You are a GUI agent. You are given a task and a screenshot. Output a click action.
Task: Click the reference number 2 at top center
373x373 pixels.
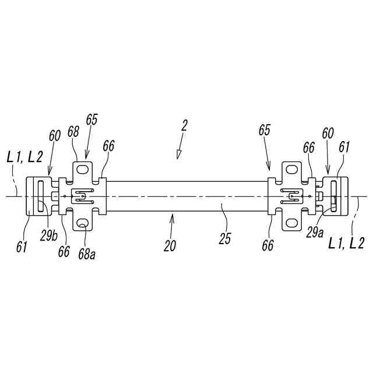184,125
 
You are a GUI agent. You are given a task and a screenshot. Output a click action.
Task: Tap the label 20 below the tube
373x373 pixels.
170,246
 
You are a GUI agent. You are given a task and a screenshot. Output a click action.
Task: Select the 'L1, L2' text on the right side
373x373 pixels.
347,243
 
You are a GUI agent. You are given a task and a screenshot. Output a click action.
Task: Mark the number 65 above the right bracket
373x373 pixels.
265,131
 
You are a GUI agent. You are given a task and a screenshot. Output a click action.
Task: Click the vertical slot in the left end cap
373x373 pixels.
40,196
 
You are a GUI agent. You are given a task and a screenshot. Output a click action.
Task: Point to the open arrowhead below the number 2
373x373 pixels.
179,153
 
